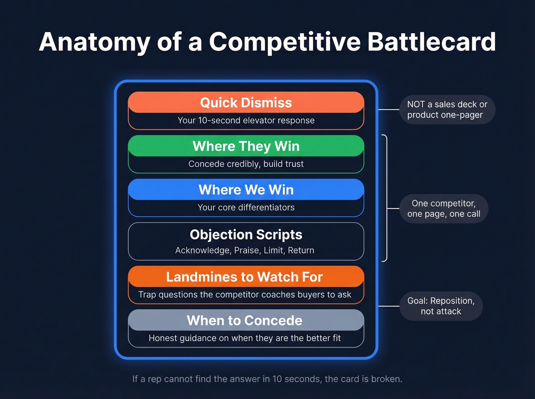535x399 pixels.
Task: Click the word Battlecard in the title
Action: (x=431, y=42)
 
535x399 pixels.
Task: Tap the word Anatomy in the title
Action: (x=94, y=42)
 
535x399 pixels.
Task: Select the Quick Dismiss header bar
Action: (x=246, y=102)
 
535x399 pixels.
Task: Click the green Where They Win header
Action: (x=246, y=146)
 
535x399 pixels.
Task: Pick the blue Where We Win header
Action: (x=246, y=189)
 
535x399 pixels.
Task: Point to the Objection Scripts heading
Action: (x=246, y=234)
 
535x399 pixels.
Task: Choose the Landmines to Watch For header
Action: (x=245, y=277)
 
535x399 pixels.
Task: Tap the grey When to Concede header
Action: (x=245, y=320)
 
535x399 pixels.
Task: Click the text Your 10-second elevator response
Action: (x=246, y=120)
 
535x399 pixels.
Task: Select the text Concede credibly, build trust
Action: (x=246, y=164)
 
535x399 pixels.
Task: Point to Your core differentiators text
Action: (x=246, y=207)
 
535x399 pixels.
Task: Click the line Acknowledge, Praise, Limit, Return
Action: (x=245, y=250)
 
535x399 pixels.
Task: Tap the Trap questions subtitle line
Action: (x=245, y=294)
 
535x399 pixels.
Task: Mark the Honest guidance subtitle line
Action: (x=245, y=338)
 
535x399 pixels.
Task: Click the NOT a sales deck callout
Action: (x=447, y=110)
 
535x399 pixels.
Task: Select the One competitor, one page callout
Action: (x=443, y=208)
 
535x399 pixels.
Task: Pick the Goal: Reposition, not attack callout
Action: (x=441, y=306)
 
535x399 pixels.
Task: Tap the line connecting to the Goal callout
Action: (x=389, y=306)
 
